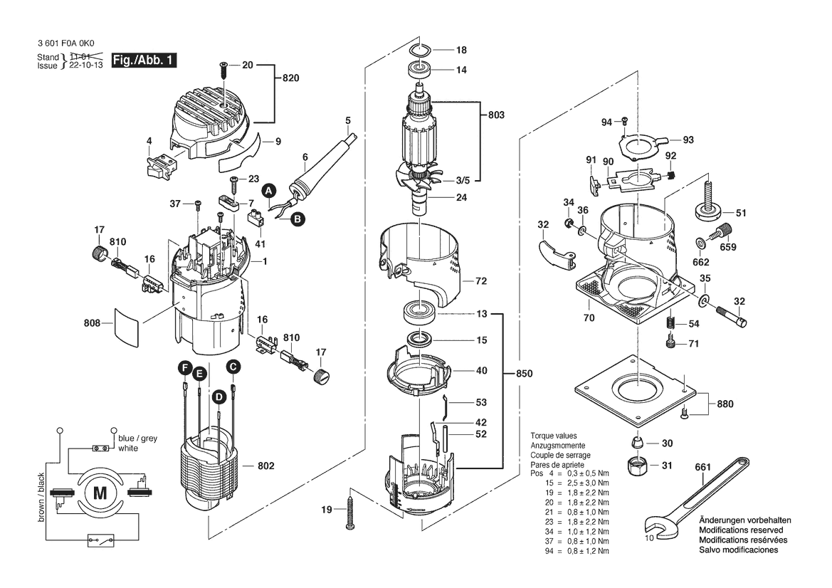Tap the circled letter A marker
pos(268,191)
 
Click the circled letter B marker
pos(297,219)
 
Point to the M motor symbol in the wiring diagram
pos(100,493)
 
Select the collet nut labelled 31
pos(636,467)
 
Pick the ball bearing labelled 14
pos(421,70)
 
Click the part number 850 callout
pos(524,373)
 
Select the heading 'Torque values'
pos(554,436)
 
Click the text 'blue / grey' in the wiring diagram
pos(138,439)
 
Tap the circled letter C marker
pos(233,367)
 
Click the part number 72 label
pos(481,282)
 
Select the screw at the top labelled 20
pos(223,68)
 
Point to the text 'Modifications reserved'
pos(741,530)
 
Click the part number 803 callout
pos(496,115)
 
